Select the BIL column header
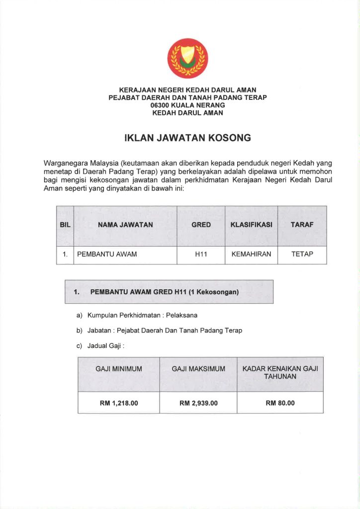coord(65,225)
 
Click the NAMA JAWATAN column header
coord(125,225)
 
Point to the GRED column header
coord(201,225)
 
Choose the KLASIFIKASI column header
coord(251,225)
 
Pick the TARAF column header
coord(302,225)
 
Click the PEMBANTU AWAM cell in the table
coord(107,254)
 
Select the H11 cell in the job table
coord(201,254)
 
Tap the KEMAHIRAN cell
coord(251,254)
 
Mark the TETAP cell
coord(302,254)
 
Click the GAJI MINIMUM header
coord(119,369)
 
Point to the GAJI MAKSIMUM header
coord(198,369)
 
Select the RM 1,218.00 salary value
coord(119,403)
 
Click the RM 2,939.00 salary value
coord(198,403)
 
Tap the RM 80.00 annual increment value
coord(280,403)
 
